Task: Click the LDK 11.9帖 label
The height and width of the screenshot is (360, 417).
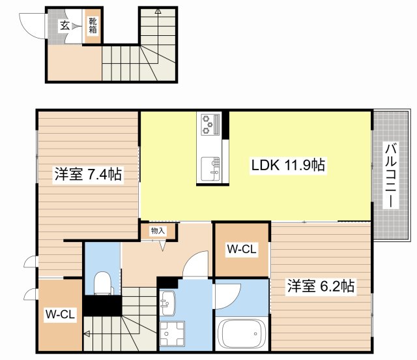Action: pyautogui.click(x=288, y=166)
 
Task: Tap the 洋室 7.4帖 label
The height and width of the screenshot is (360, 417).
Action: pyautogui.click(x=87, y=174)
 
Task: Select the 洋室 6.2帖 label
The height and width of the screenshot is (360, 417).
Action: pyautogui.click(x=321, y=286)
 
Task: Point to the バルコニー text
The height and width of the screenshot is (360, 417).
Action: pyautogui.click(x=390, y=175)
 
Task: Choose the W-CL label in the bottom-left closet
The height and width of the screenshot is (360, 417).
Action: pyautogui.click(x=61, y=314)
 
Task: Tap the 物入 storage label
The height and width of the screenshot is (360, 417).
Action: pyautogui.click(x=157, y=230)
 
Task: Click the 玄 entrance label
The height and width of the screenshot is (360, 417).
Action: pyautogui.click(x=65, y=25)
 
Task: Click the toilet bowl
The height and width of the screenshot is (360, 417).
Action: pyautogui.click(x=102, y=282)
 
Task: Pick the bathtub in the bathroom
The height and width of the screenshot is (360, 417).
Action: pyautogui.click(x=241, y=335)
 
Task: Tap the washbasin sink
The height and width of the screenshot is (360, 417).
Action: pyautogui.click(x=167, y=302)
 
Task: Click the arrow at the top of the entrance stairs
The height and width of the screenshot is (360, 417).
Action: pyautogui.click(x=158, y=12)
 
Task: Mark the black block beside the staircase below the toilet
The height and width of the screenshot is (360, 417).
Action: pyautogui.click(x=102, y=305)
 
